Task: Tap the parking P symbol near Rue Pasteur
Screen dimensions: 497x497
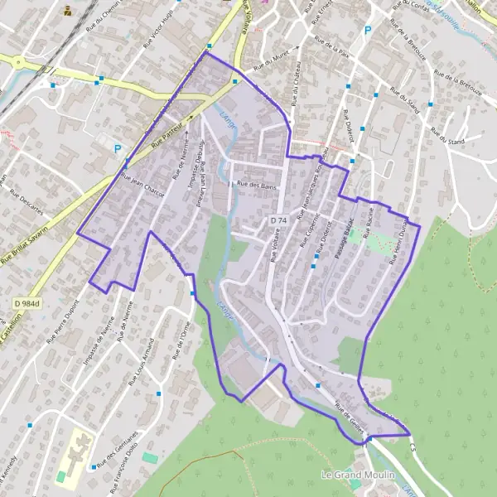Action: coord(118,151)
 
